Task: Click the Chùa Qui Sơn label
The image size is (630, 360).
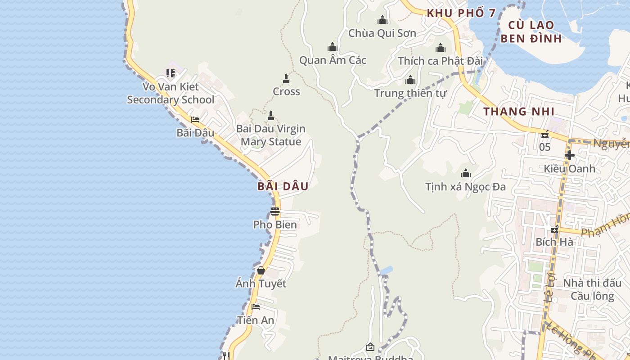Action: pos(382,33)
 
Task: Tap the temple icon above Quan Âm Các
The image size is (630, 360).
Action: pos(333,47)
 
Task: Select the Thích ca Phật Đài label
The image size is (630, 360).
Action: pos(440,61)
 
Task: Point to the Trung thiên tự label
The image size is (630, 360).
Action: pos(410,94)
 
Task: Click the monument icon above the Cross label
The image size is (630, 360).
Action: pos(286,79)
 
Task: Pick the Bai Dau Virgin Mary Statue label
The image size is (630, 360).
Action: pos(271,135)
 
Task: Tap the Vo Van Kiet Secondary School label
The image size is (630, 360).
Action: pos(171,93)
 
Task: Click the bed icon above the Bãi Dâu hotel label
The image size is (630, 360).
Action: pos(195,120)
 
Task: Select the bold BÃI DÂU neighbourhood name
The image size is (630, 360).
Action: pos(283,186)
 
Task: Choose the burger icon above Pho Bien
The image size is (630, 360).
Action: pos(275,211)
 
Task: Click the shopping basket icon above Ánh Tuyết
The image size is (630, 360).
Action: pos(261,270)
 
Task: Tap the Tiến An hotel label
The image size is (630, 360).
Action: pos(256,320)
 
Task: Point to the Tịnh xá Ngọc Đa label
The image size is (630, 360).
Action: pos(465,186)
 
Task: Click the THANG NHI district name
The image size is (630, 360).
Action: pos(519,112)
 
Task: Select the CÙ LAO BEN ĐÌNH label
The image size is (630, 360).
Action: pos(531,31)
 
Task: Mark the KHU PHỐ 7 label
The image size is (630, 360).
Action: pos(461,13)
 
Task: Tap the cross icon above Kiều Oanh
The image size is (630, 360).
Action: pos(569,155)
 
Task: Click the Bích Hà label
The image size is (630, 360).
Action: pos(554,242)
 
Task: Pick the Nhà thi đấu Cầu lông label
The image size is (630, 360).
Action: pos(592,289)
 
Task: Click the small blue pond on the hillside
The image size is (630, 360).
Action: pos(386,270)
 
